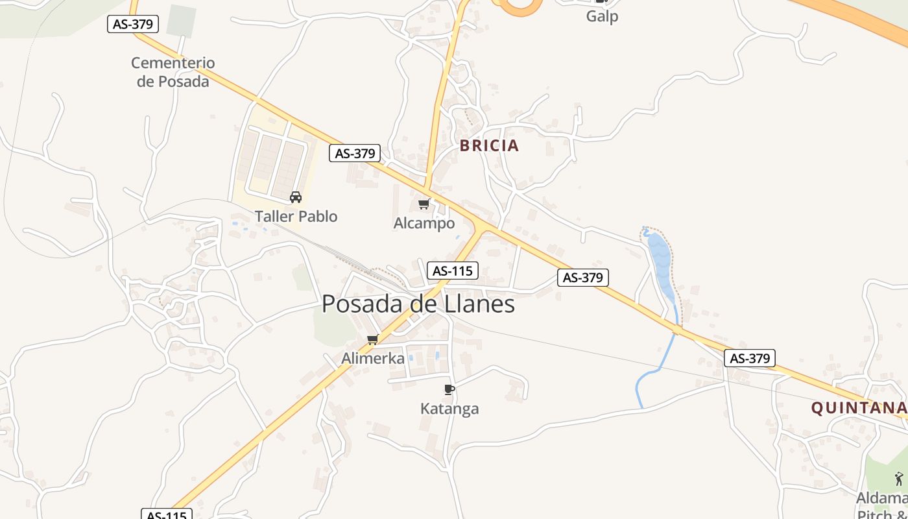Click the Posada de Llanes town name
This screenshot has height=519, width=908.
(x=418, y=304)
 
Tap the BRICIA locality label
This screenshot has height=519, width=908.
(x=490, y=145)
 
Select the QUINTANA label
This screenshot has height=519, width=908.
(x=858, y=407)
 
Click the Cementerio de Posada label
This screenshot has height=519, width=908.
(x=173, y=72)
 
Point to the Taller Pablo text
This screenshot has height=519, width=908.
(x=296, y=216)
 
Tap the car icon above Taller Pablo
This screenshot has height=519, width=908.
(x=296, y=197)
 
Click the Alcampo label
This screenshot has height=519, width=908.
(x=424, y=223)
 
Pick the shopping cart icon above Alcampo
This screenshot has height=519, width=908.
(x=424, y=204)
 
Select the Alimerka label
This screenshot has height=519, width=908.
(x=373, y=358)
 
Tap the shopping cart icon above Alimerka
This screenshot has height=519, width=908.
(x=373, y=339)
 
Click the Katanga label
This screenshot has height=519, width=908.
(x=449, y=409)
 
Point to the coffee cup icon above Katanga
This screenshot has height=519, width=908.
(x=449, y=389)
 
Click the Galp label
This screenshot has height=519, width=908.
(x=602, y=16)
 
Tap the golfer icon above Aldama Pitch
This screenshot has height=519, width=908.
(x=898, y=479)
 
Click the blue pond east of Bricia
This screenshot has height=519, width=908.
(x=660, y=259)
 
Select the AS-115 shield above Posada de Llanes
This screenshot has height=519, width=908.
(x=452, y=271)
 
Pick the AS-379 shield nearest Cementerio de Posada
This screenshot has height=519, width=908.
(x=133, y=24)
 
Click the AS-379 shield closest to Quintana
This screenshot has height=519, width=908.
(x=750, y=358)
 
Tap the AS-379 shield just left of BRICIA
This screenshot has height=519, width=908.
(x=355, y=153)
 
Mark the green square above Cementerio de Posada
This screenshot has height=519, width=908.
(x=181, y=21)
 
